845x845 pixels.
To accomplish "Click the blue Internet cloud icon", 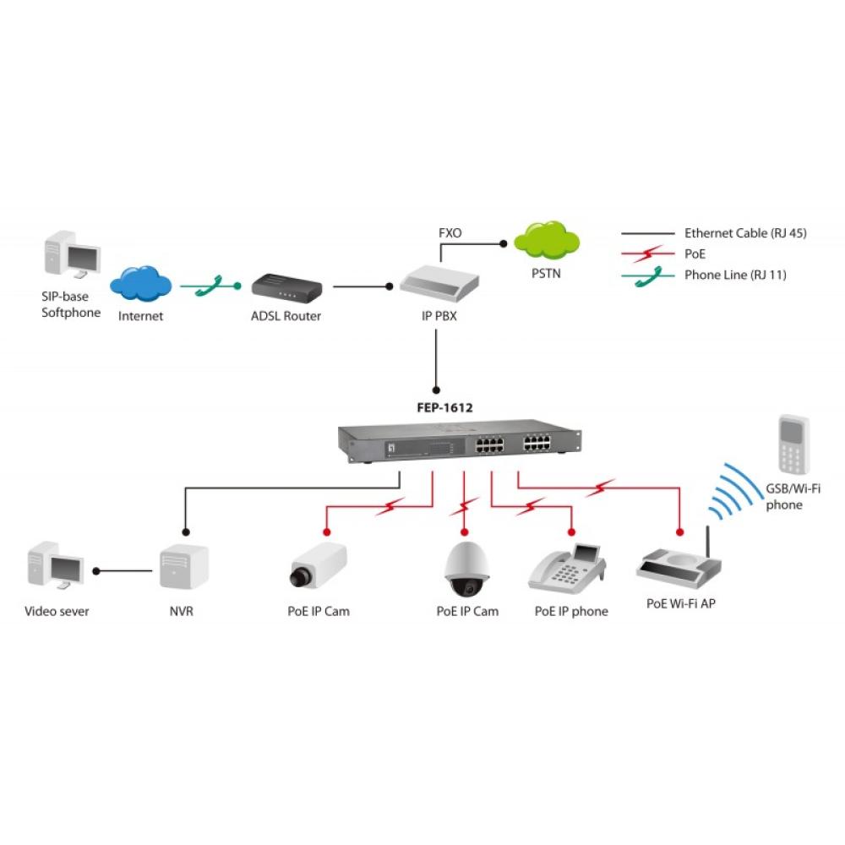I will (x=141, y=285).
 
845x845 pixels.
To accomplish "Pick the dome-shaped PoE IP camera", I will (x=467, y=568).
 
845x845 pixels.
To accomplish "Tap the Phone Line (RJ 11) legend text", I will (x=735, y=275).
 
